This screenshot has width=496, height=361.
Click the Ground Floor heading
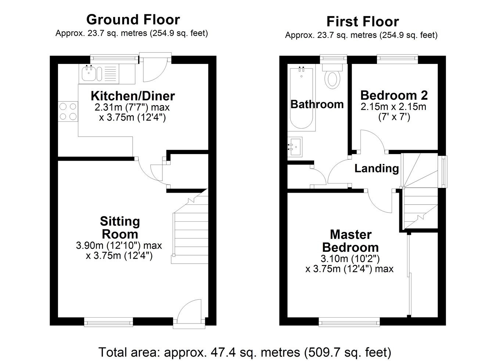[x=133, y=20]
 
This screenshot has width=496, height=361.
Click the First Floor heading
[x=363, y=22]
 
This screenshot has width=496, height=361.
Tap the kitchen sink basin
[x=89, y=74]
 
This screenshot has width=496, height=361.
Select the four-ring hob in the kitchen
[x=68, y=111]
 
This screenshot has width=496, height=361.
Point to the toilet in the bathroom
[x=333, y=76]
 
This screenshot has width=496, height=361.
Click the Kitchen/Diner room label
[x=133, y=96]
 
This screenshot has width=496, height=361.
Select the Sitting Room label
[x=120, y=228]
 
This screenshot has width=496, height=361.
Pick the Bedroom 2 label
[x=394, y=95]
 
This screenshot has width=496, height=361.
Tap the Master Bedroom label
[x=351, y=241]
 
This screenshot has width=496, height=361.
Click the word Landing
[x=377, y=168]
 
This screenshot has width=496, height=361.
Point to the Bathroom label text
[x=317, y=104]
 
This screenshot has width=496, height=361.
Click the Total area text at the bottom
[x=245, y=352]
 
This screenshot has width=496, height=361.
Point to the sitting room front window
[x=108, y=322]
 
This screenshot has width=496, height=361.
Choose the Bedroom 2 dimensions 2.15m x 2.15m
[x=393, y=107]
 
